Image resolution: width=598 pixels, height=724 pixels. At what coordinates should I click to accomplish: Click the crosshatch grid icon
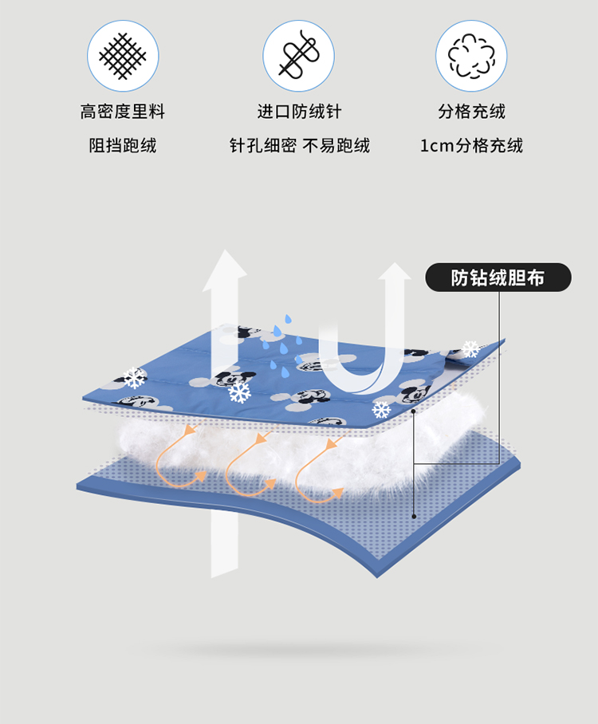click(x=123, y=56)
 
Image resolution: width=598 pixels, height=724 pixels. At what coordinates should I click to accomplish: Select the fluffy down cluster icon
click(x=471, y=56)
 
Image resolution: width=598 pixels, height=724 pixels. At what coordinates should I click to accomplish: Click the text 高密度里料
click(x=122, y=112)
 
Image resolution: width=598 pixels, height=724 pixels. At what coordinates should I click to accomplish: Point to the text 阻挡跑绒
click(x=123, y=146)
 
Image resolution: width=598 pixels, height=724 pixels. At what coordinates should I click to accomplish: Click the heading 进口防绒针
click(x=299, y=112)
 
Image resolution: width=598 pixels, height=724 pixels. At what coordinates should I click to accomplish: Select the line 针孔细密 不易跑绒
click(x=300, y=146)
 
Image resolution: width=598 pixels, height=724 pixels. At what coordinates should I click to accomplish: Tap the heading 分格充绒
click(x=471, y=112)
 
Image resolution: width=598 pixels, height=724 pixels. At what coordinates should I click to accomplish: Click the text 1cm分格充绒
click(x=471, y=146)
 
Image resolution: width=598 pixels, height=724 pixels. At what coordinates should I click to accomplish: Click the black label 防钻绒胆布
click(x=498, y=277)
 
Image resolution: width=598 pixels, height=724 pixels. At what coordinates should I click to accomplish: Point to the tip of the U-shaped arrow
click(x=395, y=263)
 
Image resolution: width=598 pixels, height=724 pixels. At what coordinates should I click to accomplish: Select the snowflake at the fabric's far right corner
click(x=471, y=348)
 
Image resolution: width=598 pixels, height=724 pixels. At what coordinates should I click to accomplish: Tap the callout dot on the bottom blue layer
click(x=414, y=517)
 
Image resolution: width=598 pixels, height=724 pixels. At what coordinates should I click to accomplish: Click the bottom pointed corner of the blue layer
click(x=377, y=577)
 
